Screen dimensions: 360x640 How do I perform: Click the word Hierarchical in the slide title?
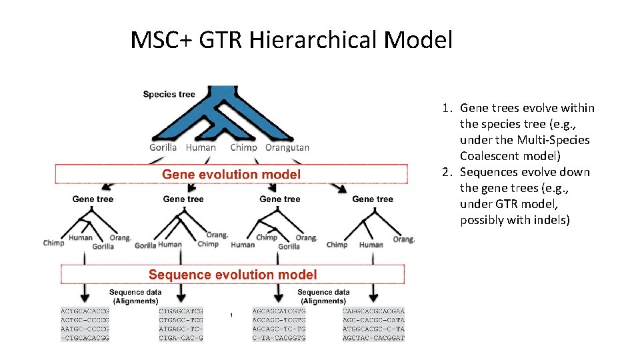point(312,40)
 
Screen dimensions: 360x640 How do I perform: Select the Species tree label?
point(169,94)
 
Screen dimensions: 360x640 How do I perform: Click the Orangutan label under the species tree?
point(287,147)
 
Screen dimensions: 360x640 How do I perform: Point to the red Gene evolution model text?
point(231,175)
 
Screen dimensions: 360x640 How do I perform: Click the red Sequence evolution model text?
point(233,275)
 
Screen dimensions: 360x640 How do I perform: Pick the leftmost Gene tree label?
point(93,199)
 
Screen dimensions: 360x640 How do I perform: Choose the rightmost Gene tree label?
point(372,199)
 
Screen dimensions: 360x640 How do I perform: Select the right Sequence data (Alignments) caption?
point(323,297)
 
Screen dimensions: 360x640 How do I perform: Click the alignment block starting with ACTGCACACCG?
point(85,325)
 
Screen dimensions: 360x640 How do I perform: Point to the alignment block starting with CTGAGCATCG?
point(181,325)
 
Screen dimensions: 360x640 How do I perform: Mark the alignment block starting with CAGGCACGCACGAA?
point(373,325)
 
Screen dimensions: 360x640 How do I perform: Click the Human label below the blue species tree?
point(201,147)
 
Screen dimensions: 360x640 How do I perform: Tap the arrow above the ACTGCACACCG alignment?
point(85,293)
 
